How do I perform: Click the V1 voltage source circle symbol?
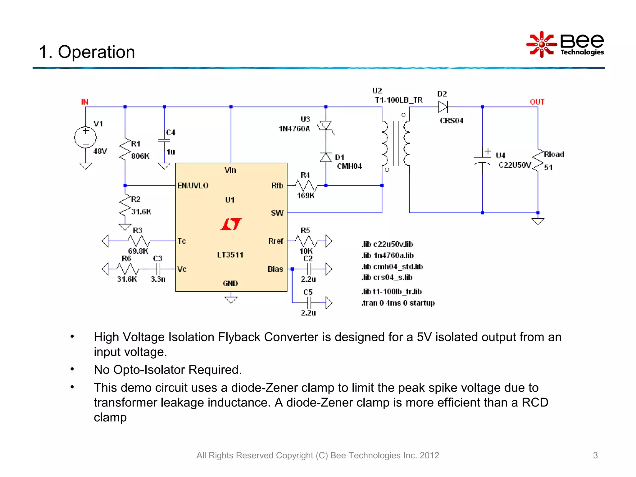tap(85, 137)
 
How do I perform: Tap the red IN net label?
tap(84, 102)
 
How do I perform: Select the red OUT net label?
tap(537, 102)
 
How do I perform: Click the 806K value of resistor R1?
tap(140, 156)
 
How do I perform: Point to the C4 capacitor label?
tap(170, 133)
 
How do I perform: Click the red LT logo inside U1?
tap(231, 224)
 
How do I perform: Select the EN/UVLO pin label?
tap(193, 186)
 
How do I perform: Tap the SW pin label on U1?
tap(277, 213)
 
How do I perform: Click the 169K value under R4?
tap(306, 196)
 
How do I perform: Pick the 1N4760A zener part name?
tap(294, 129)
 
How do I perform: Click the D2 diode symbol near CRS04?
tap(443, 107)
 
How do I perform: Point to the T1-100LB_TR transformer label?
tap(399, 100)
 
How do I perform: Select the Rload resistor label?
tap(554, 154)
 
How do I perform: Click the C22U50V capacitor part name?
tap(515, 165)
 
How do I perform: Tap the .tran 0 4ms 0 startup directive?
tap(398, 303)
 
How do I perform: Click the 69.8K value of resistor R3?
tap(138, 251)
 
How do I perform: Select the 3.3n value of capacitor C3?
tap(158, 279)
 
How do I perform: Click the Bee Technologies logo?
tap(565, 44)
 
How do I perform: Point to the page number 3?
tap(595, 455)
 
